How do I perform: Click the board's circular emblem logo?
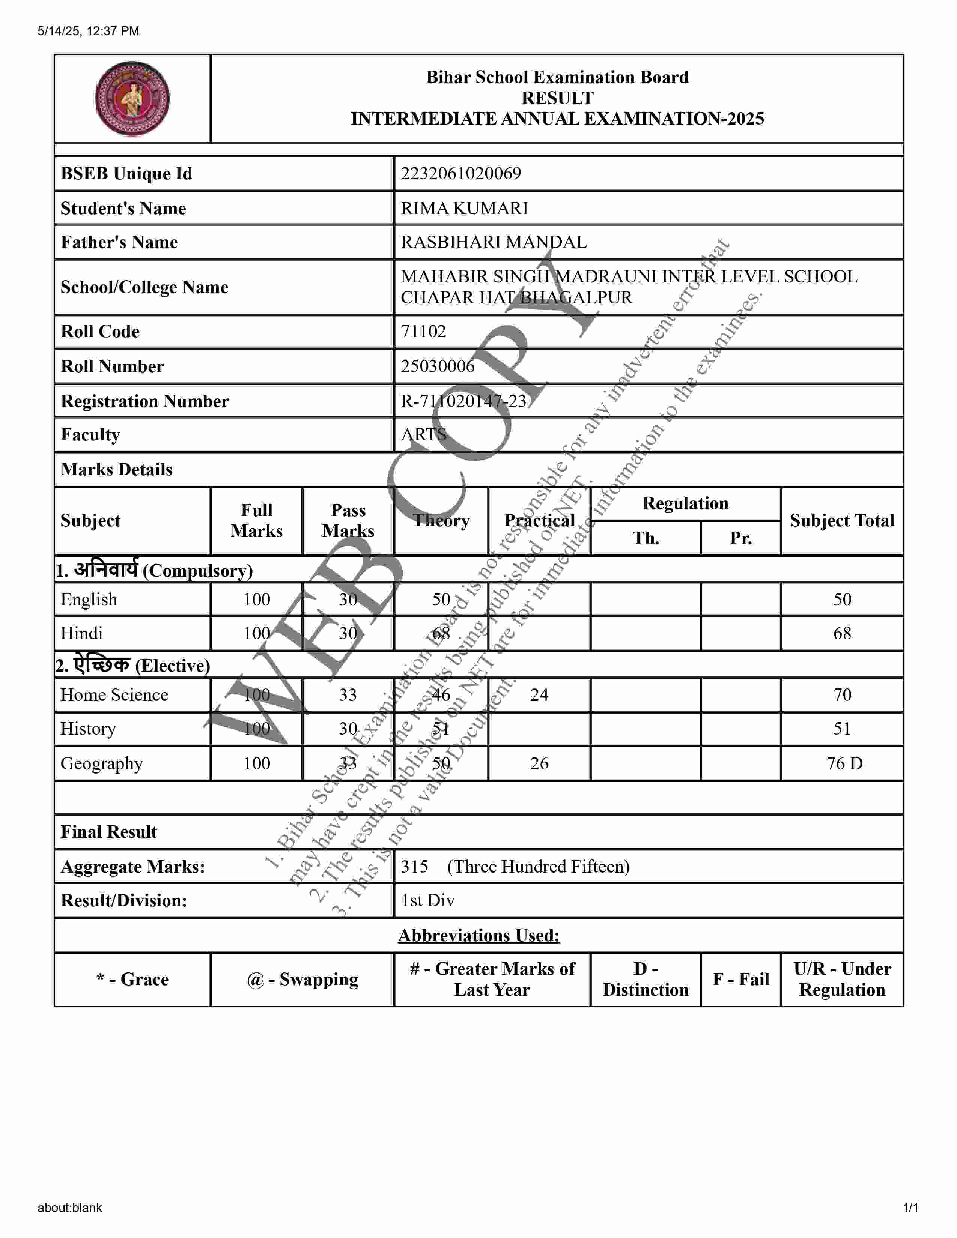[x=132, y=99]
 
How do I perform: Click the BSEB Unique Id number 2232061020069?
[x=460, y=173]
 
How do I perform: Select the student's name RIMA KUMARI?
[x=464, y=208]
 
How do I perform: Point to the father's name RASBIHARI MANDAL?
[x=493, y=242]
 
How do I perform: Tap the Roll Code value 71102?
[x=423, y=332]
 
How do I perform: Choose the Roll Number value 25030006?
[x=437, y=366]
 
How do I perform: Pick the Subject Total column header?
[x=841, y=520]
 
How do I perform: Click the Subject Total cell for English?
[x=841, y=599]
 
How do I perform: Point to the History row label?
[x=89, y=729]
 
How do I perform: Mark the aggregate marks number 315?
[x=414, y=866]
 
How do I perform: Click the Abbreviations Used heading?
[x=478, y=935]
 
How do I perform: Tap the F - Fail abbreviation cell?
[x=740, y=979]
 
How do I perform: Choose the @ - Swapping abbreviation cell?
[x=302, y=979]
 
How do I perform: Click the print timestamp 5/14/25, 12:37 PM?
[x=89, y=31]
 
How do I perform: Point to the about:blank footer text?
[x=70, y=1207]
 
